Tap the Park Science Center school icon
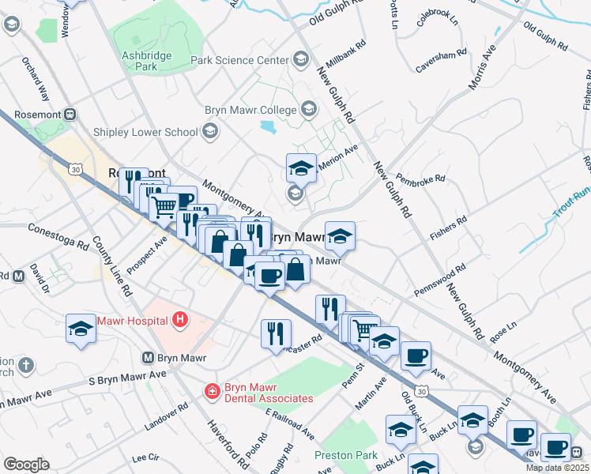(300, 59)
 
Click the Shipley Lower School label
(145, 133)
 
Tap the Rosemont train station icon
(70, 114)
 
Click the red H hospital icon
(180, 320)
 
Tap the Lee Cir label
(146, 457)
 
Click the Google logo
(26, 464)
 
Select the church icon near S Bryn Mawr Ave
(26, 364)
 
